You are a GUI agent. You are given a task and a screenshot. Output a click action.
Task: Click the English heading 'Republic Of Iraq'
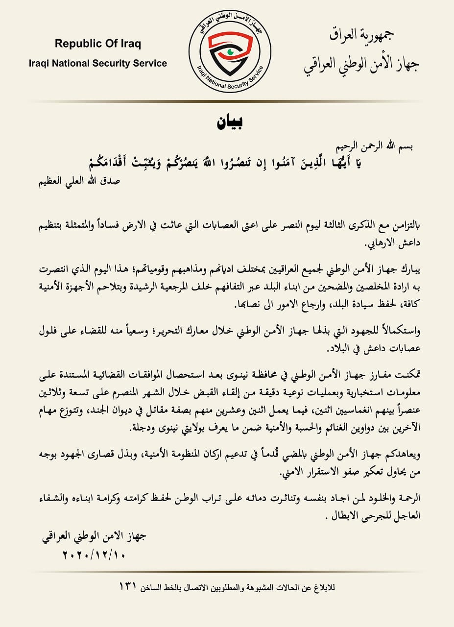[x=98, y=44]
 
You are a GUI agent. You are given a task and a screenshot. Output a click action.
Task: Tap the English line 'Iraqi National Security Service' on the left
[x=98, y=63]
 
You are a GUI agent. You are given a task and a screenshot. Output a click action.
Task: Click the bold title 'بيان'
[x=230, y=122]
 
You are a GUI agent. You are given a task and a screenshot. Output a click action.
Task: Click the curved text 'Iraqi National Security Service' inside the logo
[x=230, y=78]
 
